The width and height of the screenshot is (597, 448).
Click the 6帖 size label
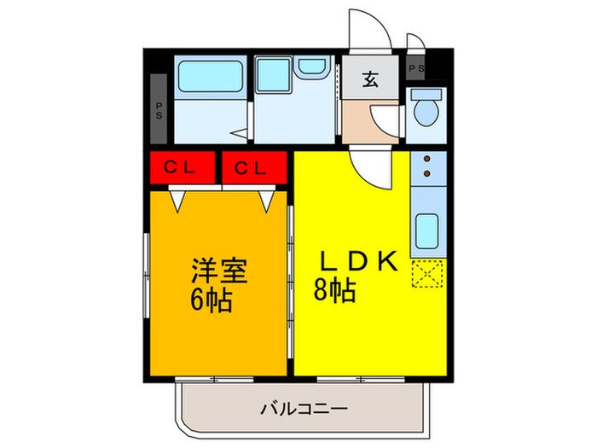[x=212, y=300]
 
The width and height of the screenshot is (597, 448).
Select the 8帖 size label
[x=335, y=291]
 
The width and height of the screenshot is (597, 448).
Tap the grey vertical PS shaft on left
[x=159, y=108]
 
